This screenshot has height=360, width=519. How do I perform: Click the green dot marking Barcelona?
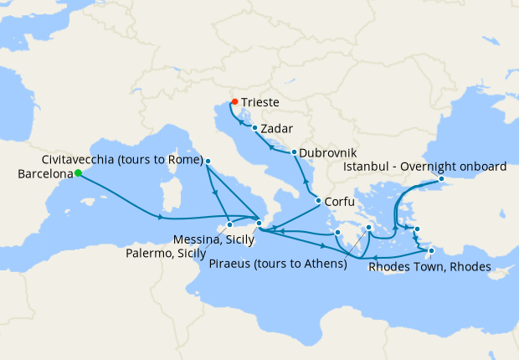77,173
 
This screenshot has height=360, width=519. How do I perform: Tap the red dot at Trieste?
234,101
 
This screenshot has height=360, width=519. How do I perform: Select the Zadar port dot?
254,128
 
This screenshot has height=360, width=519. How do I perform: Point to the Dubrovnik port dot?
294,152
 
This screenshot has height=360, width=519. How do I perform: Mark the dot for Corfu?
318,200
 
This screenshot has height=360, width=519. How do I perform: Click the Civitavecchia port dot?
208,161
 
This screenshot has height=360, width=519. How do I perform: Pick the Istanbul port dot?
442,179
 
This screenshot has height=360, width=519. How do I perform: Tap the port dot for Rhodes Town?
431,250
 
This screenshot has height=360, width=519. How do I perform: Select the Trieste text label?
260,105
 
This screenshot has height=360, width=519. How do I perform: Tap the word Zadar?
277,130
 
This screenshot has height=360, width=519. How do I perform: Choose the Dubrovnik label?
328,154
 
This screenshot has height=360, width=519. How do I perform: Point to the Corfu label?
340,202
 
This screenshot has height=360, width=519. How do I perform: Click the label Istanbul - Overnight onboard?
425,167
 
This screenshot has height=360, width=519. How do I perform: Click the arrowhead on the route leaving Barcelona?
159,219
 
